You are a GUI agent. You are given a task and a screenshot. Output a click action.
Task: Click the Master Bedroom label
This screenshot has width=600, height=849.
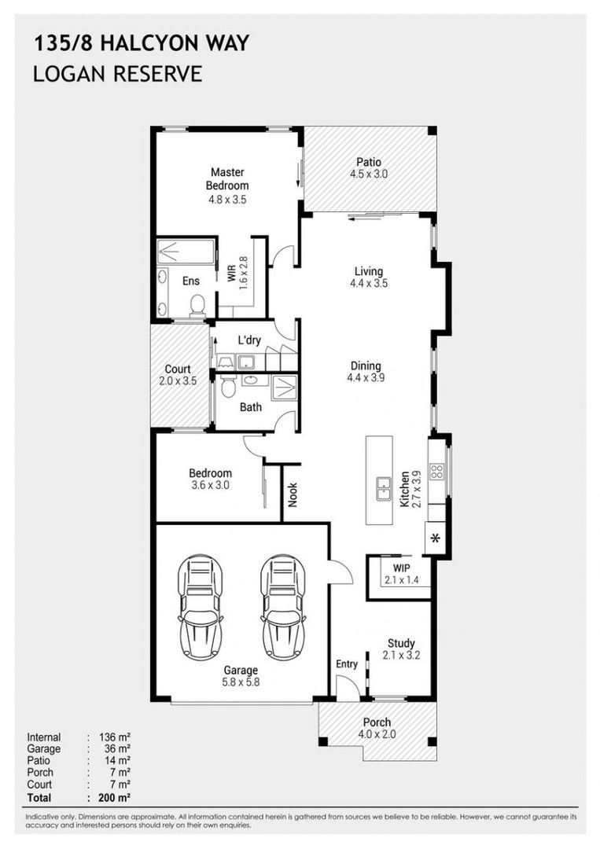coord(227,178)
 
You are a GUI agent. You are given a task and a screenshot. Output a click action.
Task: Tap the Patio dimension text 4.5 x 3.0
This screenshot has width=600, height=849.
coord(369,175)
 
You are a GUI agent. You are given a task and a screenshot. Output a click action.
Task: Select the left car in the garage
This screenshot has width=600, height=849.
coord(201,608)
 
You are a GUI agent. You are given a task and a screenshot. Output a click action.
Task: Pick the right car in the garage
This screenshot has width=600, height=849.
coord(282,608)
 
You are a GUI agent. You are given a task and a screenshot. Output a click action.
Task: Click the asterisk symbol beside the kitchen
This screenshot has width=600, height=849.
coord(436,538)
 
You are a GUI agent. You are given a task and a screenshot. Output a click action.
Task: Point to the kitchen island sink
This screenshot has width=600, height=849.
coord(384,489)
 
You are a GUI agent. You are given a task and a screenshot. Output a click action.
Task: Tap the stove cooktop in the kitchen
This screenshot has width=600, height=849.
coord(436,471)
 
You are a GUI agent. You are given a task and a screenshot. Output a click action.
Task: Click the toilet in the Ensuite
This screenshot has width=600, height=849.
coord(197,305)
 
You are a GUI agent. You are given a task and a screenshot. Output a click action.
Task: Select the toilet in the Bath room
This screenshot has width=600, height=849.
coord(228,386)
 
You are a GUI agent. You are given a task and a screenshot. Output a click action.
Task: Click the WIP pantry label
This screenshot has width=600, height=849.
coord(401,568)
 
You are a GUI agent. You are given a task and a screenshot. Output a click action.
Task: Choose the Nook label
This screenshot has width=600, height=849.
coord(293,495)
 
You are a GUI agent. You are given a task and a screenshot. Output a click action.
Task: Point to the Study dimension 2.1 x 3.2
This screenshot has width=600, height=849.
coord(401,655)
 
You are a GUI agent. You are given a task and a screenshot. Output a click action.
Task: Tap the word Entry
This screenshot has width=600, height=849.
coord(347,663)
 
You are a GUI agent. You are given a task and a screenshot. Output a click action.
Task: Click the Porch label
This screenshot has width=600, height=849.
coord(377,722)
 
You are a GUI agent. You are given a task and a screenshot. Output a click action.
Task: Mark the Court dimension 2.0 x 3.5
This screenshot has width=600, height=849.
coord(179,381)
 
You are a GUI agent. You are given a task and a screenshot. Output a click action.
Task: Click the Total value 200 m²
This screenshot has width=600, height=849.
coord(115,797)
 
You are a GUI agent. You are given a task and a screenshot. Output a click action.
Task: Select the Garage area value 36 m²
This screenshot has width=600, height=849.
coord(117,749)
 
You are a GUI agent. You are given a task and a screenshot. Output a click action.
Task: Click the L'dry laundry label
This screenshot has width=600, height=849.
coord(249,340)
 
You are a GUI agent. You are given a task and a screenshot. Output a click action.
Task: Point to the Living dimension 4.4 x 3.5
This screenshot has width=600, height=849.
coord(369,283)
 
